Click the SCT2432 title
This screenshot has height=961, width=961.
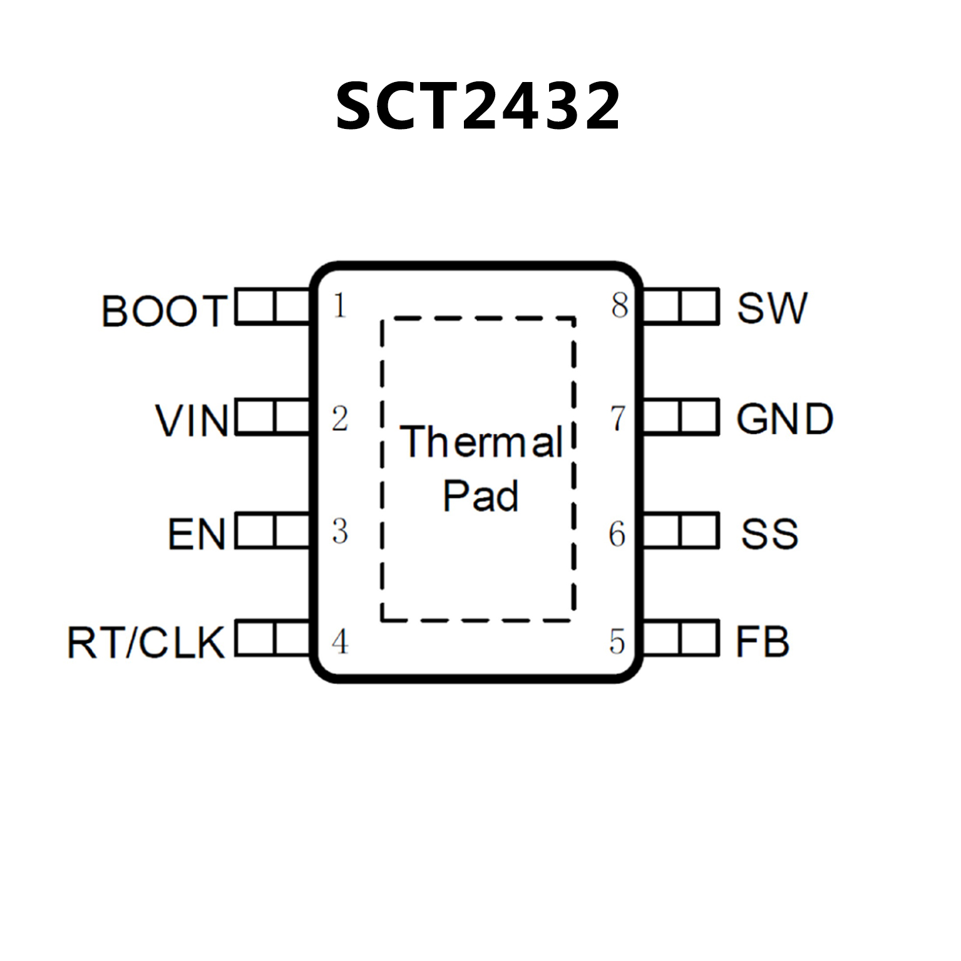[478, 106]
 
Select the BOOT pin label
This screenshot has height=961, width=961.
[164, 311]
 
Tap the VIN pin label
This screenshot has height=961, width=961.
[192, 420]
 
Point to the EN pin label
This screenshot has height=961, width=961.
[197, 534]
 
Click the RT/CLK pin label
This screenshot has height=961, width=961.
[146, 642]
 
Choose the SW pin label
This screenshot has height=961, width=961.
[772, 308]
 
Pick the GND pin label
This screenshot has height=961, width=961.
[784, 419]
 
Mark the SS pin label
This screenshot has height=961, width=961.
[769, 534]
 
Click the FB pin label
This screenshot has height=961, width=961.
[762, 642]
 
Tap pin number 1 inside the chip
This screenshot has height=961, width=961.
[339, 306]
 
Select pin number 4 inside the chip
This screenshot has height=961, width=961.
[339, 642]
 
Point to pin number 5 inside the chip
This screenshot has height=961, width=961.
[617, 642]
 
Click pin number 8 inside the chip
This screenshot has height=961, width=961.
[619, 306]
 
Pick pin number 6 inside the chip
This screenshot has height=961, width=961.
[617, 534]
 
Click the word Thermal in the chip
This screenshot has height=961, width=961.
[481, 442]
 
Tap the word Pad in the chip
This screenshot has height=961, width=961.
[480, 496]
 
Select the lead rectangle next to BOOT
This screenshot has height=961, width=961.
[273, 306]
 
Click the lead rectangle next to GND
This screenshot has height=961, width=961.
[681, 417]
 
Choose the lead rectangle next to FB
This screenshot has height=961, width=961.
[681, 638]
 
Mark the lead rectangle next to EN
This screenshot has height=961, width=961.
[273, 531]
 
